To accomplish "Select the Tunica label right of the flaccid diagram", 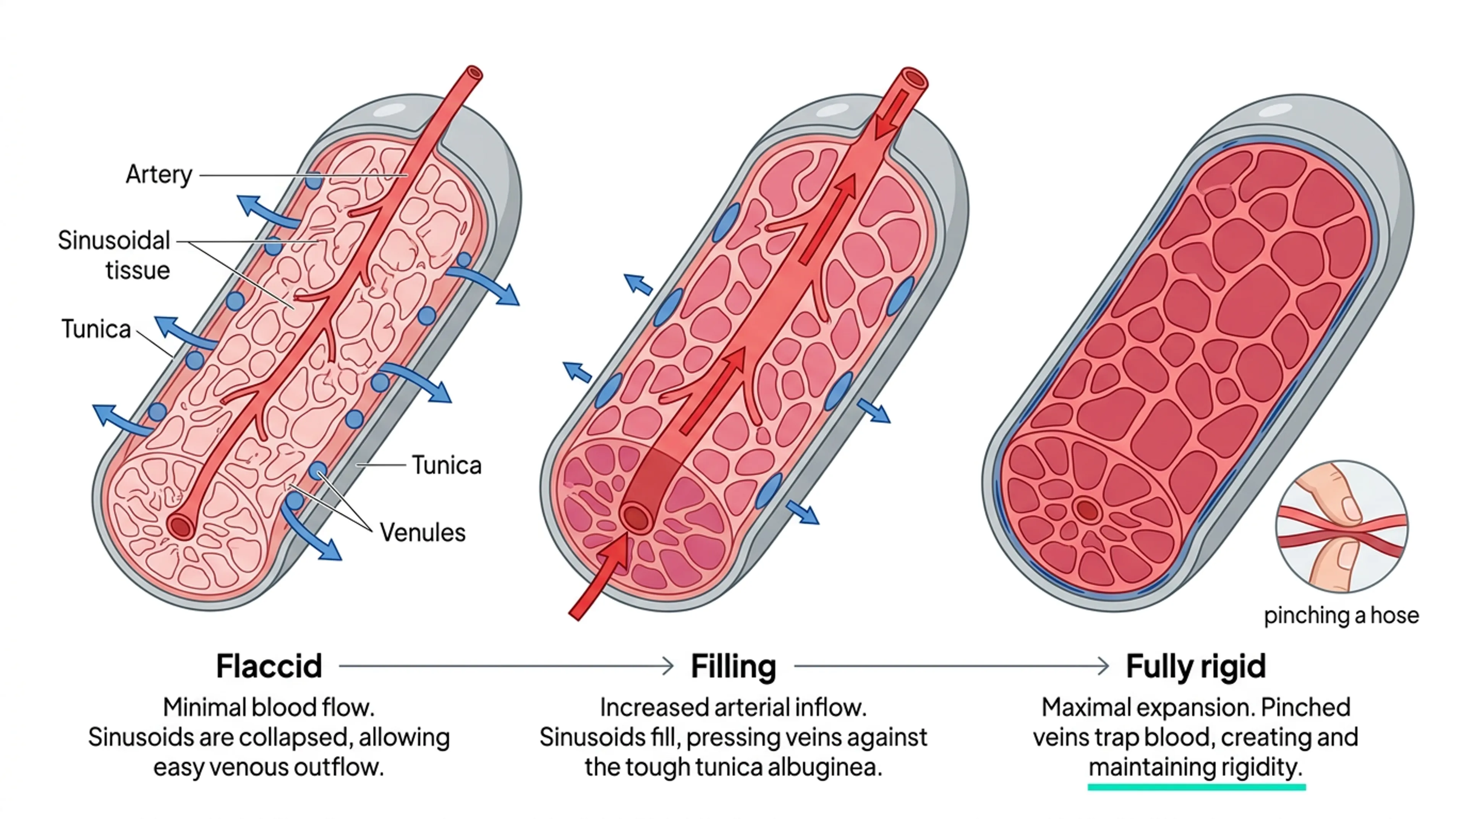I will (x=447, y=466).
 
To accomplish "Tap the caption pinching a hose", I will (x=1341, y=616).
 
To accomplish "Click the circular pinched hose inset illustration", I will (x=1341, y=527).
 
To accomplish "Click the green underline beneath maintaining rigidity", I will (x=1196, y=787).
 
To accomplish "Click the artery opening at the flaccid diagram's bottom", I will (x=181, y=526).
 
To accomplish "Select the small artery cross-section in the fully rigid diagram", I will (x=1086, y=509).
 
